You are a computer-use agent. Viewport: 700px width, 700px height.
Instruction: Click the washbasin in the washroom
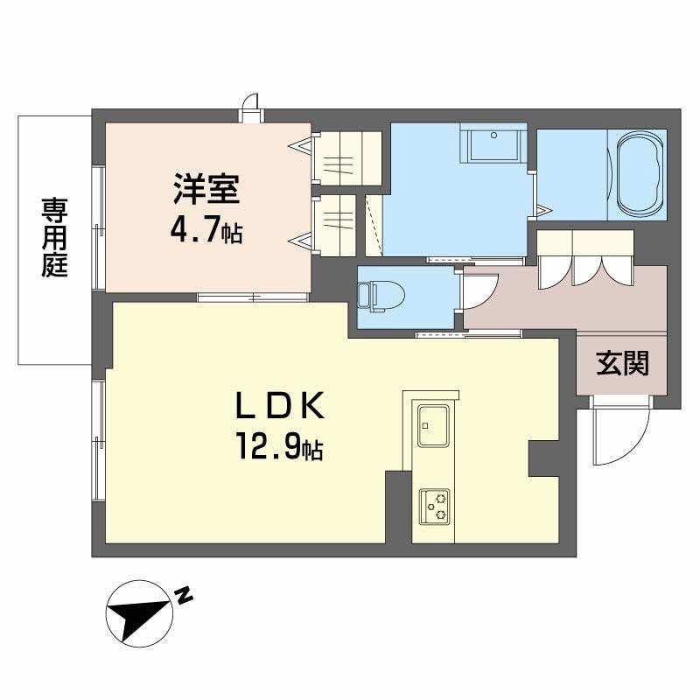click(x=493, y=143)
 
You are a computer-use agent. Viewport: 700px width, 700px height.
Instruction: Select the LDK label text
click(x=280, y=407)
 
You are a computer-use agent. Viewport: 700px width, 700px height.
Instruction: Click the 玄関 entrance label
click(x=623, y=363)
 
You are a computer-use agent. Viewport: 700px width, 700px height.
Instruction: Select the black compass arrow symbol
click(x=137, y=613)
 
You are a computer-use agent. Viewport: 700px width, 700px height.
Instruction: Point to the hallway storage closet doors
click(x=584, y=258)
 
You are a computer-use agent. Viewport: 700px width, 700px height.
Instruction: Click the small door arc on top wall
click(x=251, y=102)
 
